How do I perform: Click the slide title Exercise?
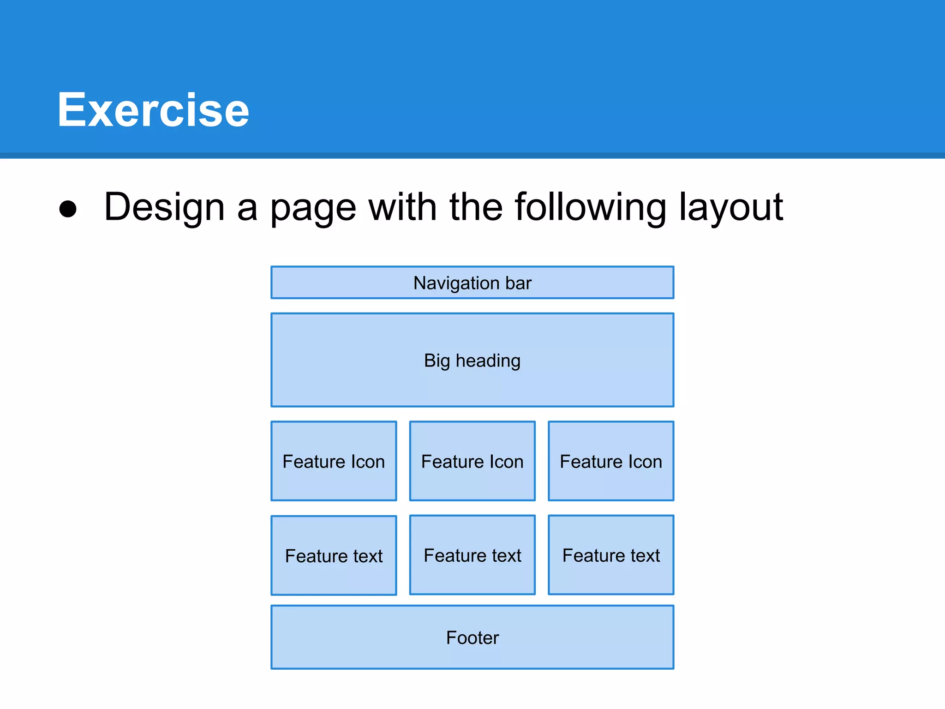[153, 110]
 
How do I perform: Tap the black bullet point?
[68, 209]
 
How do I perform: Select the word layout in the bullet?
[731, 207]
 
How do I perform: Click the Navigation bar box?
[472, 282]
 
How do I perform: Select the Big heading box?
[472, 360]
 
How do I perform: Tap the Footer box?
[472, 637]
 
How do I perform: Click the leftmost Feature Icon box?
[334, 461]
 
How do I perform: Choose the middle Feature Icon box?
[472, 461]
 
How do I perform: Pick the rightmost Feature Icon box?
[611, 461]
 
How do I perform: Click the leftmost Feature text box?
[334, 555]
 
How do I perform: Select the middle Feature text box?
[472, 555]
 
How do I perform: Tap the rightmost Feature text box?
[611, 555]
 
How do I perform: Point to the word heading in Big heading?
[488, 361]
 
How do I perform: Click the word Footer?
[472, 637]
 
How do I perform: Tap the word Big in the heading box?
[436, 361]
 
